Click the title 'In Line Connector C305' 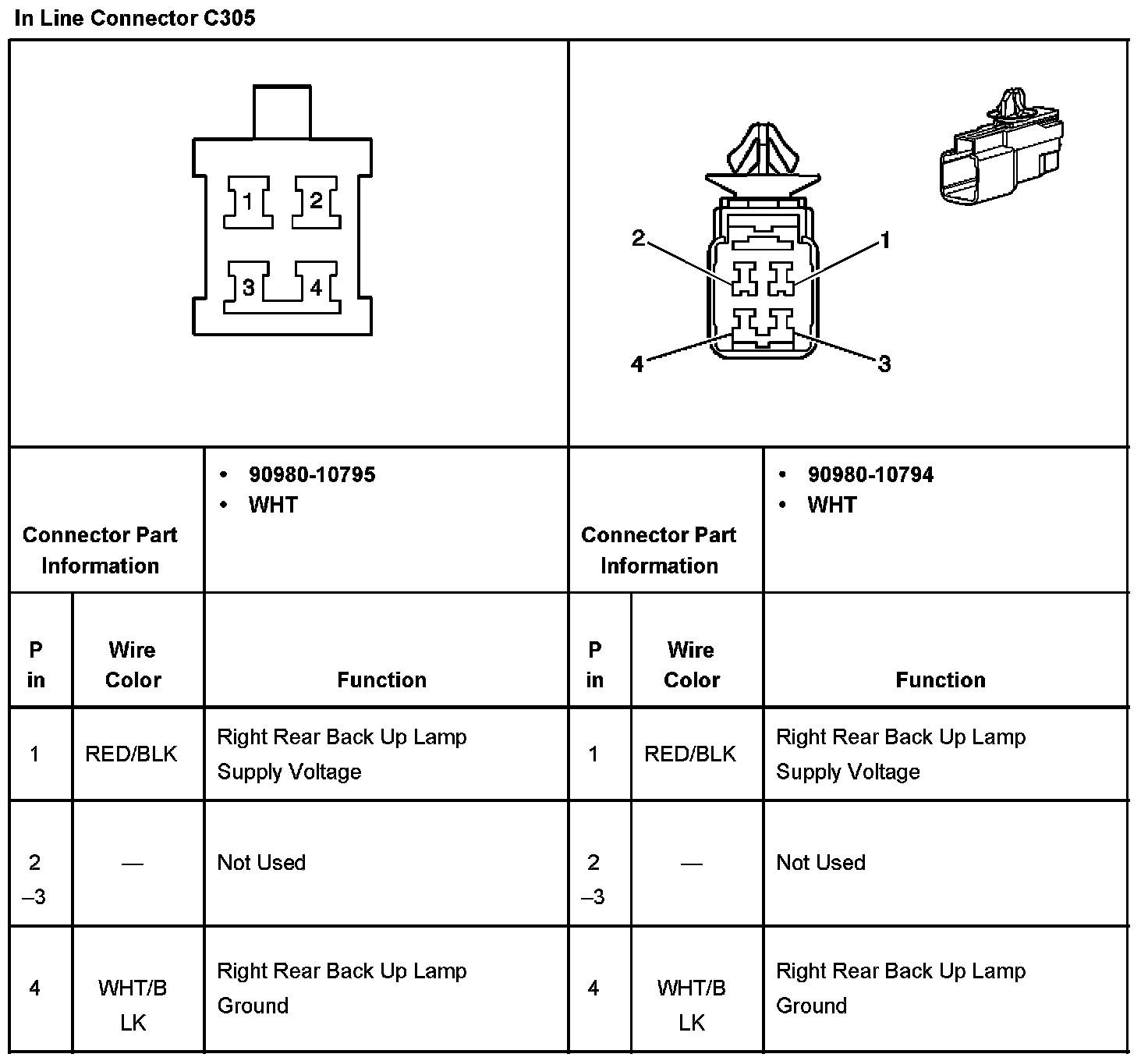click(135, 18)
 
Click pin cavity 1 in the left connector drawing click(248, 202)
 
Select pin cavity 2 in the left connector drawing click(316, 201)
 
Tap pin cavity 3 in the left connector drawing click(248, 288)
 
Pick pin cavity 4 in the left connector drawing click(316, 288)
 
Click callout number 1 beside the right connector click(885, 240)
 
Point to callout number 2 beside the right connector click(638, 238)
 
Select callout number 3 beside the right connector click(884, 364)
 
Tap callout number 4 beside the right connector click(637, 364)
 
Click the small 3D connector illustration click(1002, 156)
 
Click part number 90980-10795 click(312, 474)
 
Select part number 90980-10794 click(870, 474)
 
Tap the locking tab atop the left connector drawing click(282, 112)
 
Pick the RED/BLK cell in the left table click(131, 754)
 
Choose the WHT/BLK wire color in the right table click(691, 1005)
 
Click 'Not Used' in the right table click(820, 862)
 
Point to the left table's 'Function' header click(382, 680)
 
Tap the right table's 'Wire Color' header click(691, 665)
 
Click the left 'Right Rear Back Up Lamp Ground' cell click(342, 988)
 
